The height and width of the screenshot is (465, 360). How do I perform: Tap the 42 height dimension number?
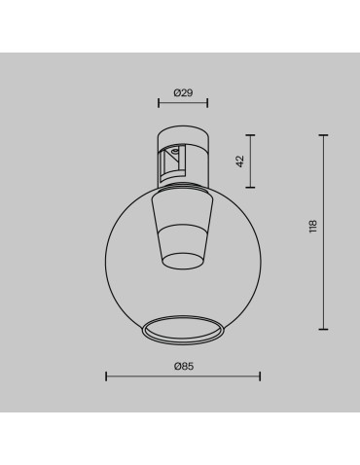pyautogui.click(x=239, y=161)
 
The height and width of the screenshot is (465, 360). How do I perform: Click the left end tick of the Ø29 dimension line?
pyautogui.click(x=160, y=102)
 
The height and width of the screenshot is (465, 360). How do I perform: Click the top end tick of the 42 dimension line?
pyautogui.click(x=252, y=134)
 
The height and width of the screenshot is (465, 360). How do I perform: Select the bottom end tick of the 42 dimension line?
pyautogui.click(x=252, y=188)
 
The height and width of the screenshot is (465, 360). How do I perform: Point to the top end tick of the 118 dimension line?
pyautogui.click(x=324, y=134)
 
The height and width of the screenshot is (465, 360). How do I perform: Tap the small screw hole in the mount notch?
pyautogui.click(x=175, y=151)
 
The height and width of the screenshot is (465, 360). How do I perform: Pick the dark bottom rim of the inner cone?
pyautogui.click(x=182, y=259)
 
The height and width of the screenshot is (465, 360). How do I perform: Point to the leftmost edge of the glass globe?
pyautogui.click(x=105, y=255)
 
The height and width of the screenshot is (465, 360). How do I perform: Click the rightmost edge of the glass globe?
pyautogui.click(x=260, y=255)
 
